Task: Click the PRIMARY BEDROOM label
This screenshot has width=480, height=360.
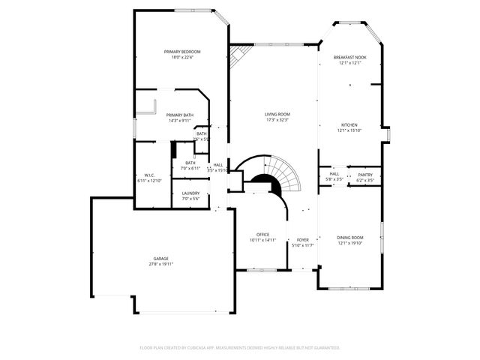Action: [x=183, y=51]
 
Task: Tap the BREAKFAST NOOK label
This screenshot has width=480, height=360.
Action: [x=349, y=57]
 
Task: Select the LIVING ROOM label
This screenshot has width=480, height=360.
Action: [x=277, y=114]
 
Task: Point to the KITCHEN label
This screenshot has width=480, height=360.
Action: [x=349, y=124]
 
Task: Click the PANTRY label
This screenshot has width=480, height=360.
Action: [x=365, y=174]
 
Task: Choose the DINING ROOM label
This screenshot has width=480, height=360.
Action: [x=349, y=237]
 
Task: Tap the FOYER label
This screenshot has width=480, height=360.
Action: [x=303, y=239]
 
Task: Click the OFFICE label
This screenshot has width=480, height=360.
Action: [x=262, y=234]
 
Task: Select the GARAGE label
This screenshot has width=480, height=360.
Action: [x=161, y=259]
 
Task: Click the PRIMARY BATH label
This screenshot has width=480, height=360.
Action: [x=180, y=115]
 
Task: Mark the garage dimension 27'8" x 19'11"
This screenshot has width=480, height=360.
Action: [x=161, y=264]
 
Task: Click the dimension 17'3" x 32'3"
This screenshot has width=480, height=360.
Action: [x=277, y=120]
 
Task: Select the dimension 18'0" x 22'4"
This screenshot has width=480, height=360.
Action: [x=183, y=57]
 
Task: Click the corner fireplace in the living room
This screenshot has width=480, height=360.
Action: [x=239, y=55]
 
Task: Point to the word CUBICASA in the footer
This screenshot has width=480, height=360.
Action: [x=193, y=348]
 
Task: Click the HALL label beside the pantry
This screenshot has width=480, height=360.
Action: [x=334, y=174]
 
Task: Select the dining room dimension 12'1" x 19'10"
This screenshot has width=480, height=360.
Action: [x=349, y=243]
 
